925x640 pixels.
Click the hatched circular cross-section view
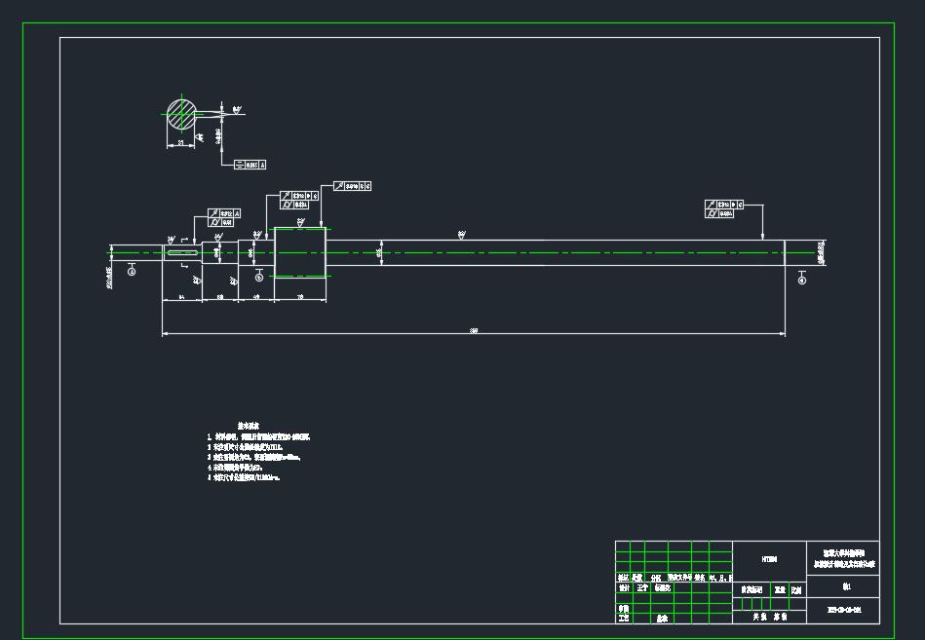pyautogui.click(x=181, y=114)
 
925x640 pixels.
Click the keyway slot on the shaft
pyautogui.click(x=181, y=253)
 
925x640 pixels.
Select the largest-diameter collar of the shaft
pyautogui.click(x=299, y=252)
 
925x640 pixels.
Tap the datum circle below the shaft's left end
pyautogui.click(x=132, y=273)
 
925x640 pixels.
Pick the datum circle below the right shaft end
pyautogui.click(x=802, y=281)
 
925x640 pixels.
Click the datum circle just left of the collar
pyautogui.click(x=258, y=278)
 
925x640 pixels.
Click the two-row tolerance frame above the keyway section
pyautogui.click(x=225, y=218)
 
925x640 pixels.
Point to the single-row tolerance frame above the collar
pyautogui.click(x=352, y=186)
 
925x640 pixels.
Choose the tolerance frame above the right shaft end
pyautogui.click(x=723, y=208)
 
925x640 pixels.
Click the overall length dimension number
pyautogui.click(x=474, y=331)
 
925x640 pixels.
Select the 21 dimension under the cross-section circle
pyautogui.click(x=181, y=143)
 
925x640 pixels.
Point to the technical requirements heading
pyautogui.click(x=248, y=426)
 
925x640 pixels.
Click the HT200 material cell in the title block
pyautogui.click(x=769, y=560)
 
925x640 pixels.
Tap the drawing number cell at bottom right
pyautogui.click(x=843, y=611)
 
